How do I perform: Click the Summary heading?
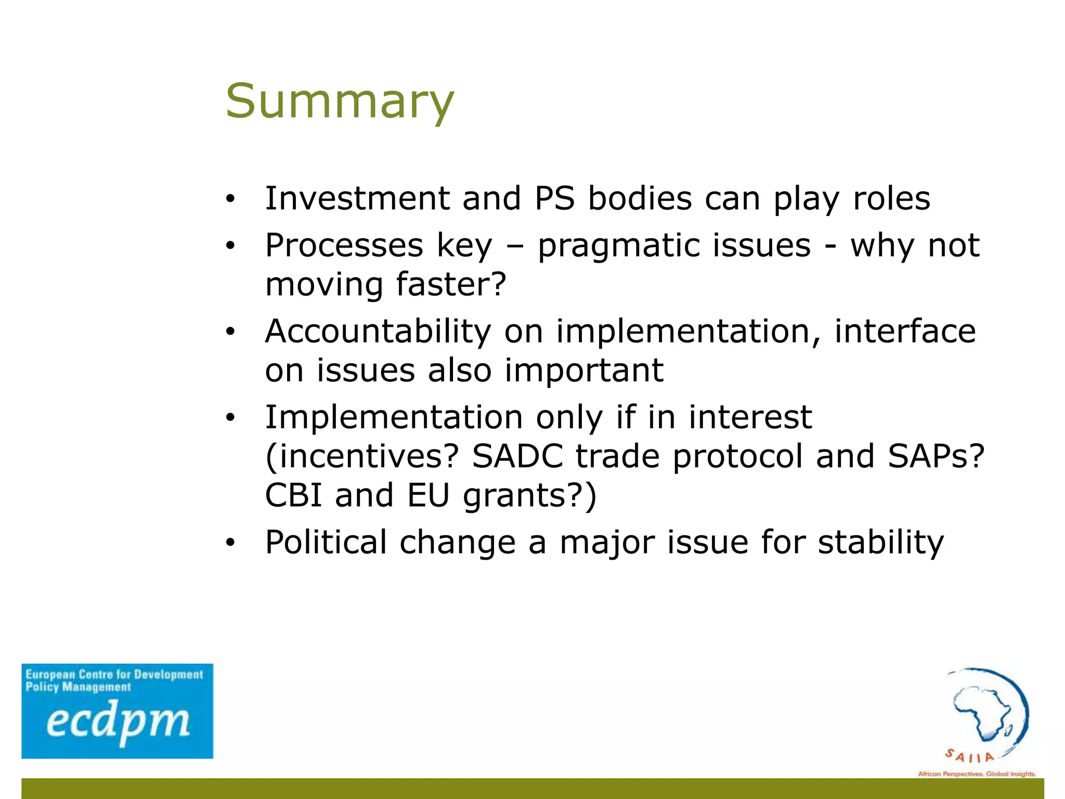340,101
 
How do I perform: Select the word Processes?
344,246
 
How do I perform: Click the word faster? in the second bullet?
450,285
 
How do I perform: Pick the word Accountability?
378,331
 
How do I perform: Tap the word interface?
905,331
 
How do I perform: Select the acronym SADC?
517,456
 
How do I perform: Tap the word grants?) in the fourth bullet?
529,496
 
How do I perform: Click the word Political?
326,542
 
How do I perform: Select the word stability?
880,542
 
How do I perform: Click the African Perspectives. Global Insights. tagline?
977,774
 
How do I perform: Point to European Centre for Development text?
114,675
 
